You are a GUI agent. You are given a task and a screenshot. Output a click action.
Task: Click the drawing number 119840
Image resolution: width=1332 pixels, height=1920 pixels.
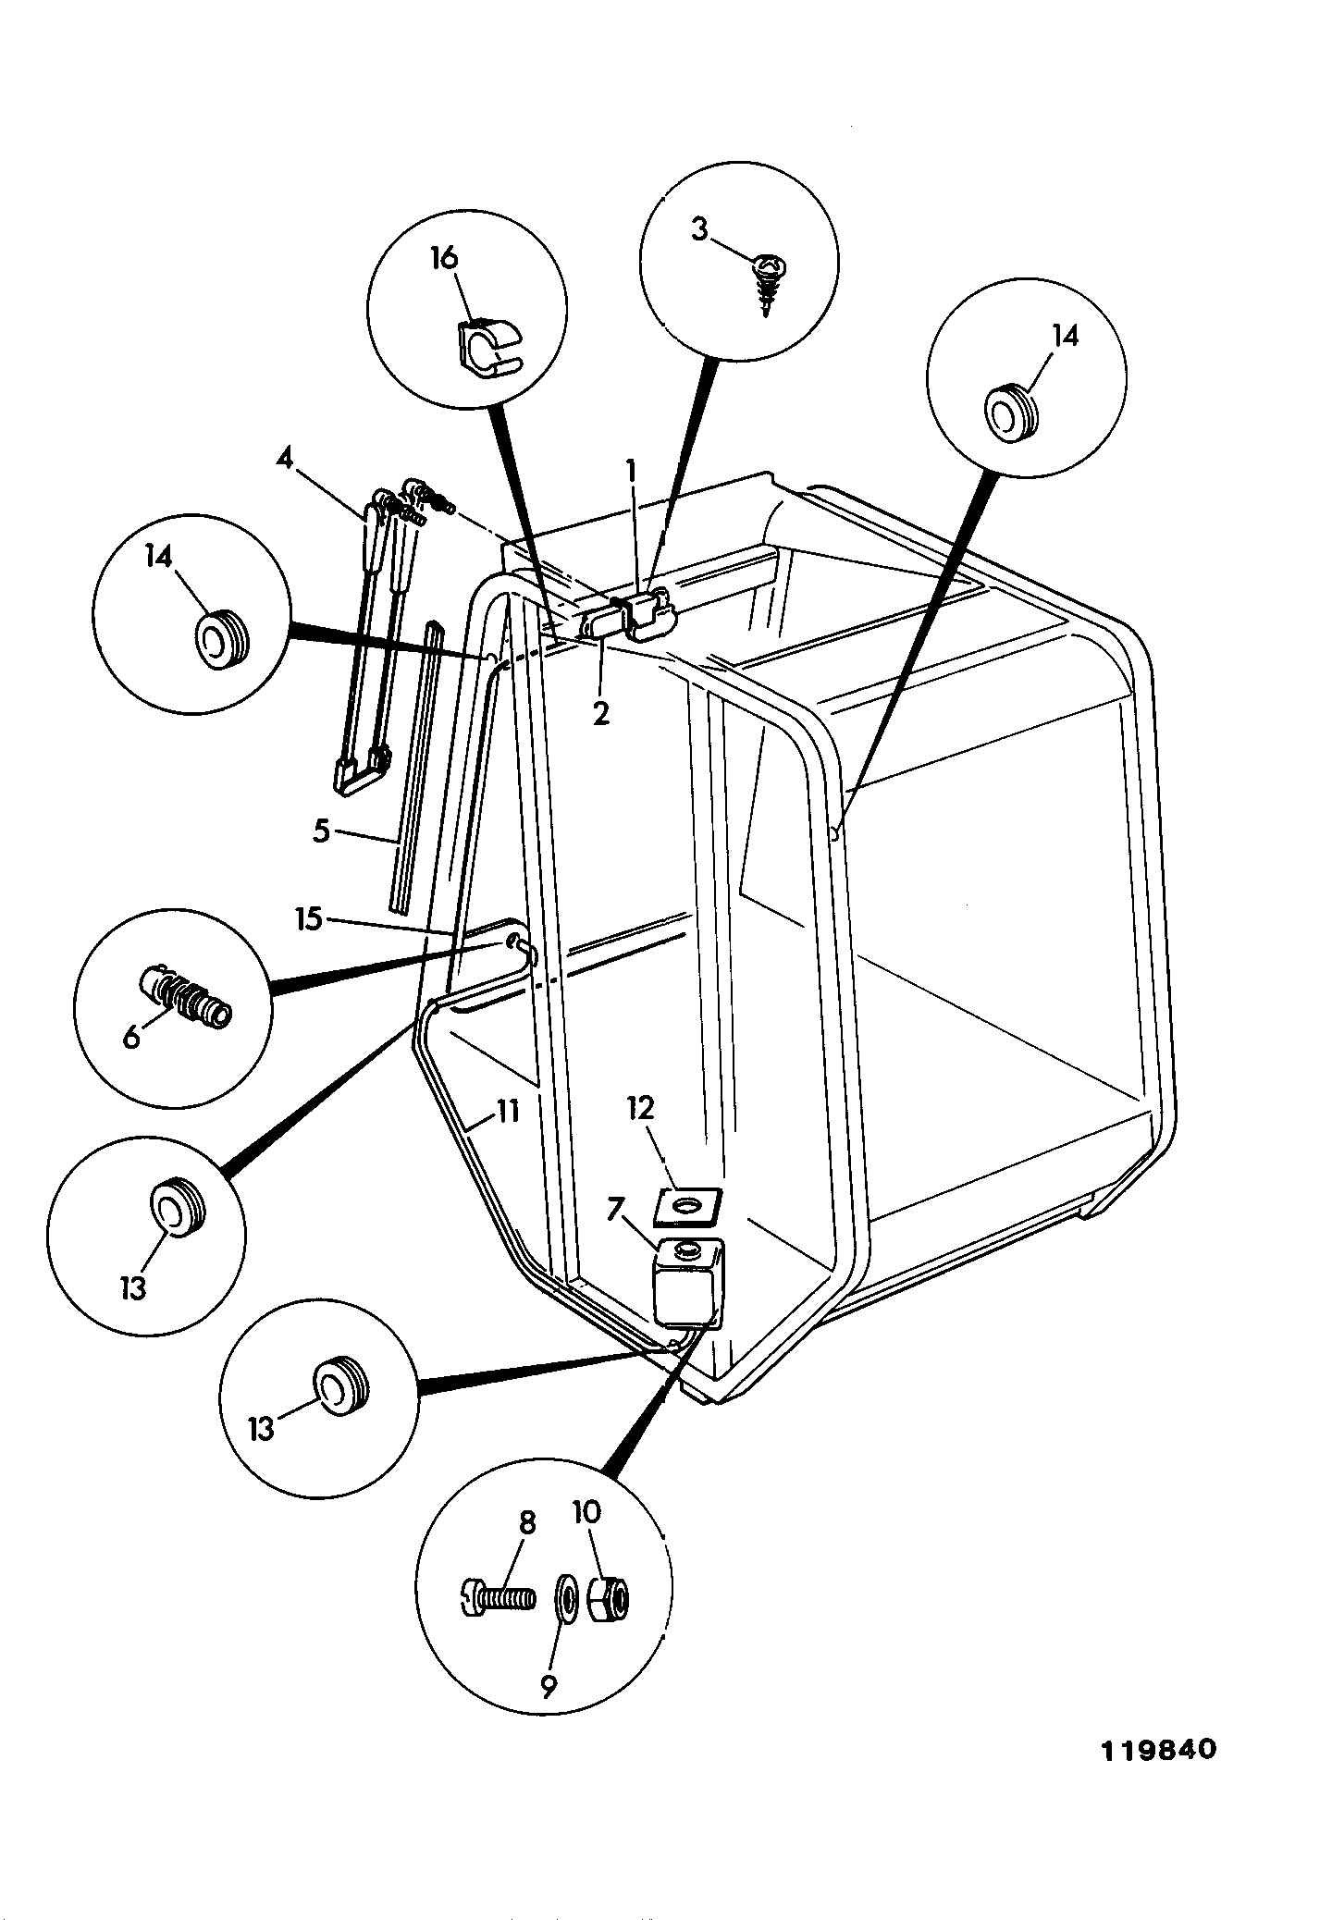point(1158,1751)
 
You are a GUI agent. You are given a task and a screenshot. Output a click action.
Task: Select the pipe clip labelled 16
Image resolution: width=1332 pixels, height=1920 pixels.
point(488,348)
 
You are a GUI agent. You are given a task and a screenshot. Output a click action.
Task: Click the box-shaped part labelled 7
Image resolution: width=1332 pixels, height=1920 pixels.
point(688,1281)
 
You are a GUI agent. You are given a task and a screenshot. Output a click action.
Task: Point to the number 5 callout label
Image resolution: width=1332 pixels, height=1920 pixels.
point(321,831)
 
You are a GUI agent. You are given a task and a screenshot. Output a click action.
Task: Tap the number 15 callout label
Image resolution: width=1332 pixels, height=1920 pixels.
point(310,919)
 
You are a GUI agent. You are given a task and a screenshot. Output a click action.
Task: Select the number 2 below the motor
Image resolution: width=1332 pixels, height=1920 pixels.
point(601,713)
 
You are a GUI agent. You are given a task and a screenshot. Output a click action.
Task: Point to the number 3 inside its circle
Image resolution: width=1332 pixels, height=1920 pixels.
point(699,229)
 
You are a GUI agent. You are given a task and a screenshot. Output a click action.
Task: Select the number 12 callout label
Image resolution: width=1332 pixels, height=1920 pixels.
point(640,1108)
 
